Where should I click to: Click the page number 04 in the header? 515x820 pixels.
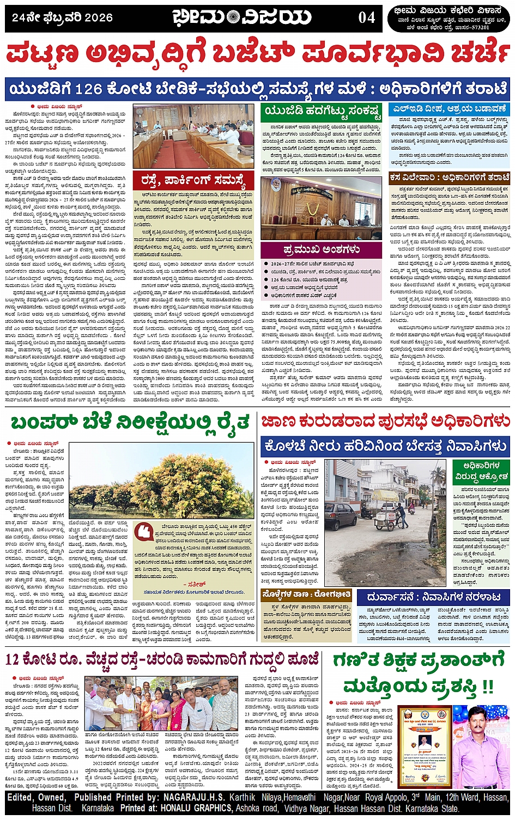pos(366,17)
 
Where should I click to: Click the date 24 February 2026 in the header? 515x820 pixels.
pos(62,17)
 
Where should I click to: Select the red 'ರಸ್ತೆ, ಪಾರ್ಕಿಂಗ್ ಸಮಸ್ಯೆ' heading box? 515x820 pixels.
pos(193,180)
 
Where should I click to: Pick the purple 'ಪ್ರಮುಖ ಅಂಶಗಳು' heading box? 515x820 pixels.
pos(322,249)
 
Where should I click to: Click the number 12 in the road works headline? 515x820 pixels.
pos(15,660)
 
